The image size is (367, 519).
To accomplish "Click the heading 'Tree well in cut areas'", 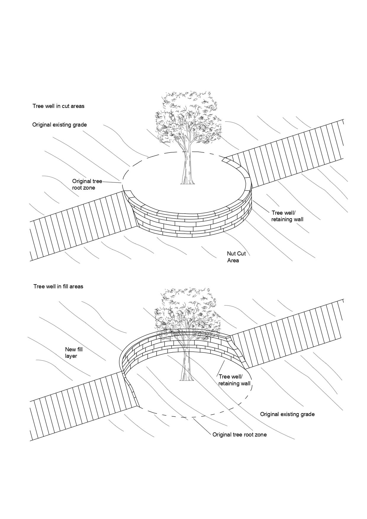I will point(58,106).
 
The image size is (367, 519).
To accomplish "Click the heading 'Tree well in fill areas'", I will point(58,286).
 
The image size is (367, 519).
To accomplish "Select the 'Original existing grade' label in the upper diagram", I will point(59,125).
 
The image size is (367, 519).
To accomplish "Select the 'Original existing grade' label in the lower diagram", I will point(287,414).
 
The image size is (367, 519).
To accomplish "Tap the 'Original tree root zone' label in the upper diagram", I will point(87,185).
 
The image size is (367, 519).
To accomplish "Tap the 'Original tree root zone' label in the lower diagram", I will point(239,435).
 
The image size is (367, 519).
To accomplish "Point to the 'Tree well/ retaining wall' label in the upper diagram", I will point(287,216).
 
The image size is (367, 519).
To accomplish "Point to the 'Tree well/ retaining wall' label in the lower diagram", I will point(234,380).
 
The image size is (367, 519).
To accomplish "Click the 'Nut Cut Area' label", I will point(236,257).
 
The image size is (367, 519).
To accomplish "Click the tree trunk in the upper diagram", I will point(187,169).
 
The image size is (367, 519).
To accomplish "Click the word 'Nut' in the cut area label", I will point(231,254).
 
